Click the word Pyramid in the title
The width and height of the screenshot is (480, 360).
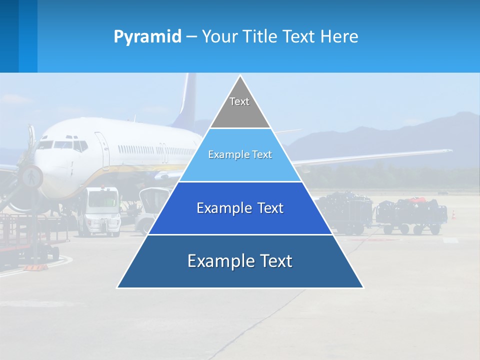(x=147, y=37)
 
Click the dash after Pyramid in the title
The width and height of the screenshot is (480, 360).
(x=191, y=37)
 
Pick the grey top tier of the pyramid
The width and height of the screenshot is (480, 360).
(x=240, y=112)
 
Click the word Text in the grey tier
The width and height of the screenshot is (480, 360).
(x=239, y=101)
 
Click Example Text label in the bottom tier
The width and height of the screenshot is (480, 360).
(x=240, y=261)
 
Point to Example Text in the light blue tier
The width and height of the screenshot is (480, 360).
(x=240, y=154)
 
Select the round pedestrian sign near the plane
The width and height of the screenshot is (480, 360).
(x=31, y=176)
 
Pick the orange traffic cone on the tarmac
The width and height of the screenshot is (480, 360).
(x=454, y=214)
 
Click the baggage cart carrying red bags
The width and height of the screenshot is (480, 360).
(x=410, y=215)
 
